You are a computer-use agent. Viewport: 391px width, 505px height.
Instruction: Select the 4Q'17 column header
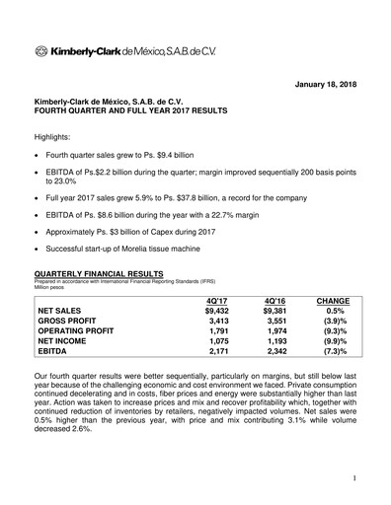tap(217, 301)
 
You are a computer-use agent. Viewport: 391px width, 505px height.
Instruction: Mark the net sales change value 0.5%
tap(337, 312)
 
